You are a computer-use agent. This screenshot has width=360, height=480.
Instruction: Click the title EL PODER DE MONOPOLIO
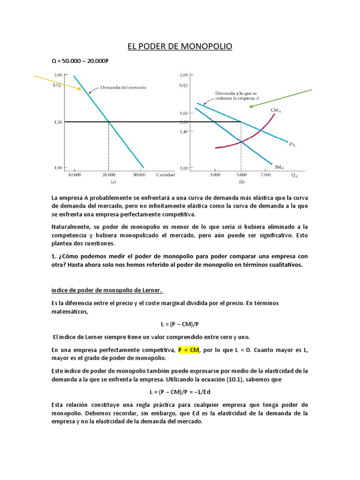click(180, 46)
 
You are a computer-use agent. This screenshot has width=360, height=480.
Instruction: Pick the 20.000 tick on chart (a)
click(108, 175)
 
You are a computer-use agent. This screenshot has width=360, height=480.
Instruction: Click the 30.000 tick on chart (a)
click(139, 175)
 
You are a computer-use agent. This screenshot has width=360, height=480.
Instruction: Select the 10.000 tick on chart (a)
click(74, 175)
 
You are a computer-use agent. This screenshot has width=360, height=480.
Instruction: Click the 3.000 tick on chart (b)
click(215, 175)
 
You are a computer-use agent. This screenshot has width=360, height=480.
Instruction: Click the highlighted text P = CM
click(188, 350)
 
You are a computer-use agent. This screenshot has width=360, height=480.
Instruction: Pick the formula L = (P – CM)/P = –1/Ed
click(180, 392)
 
